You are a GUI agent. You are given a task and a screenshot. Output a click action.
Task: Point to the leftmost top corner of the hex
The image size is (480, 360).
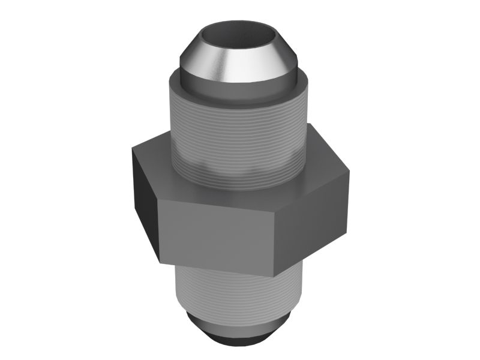(133, 148)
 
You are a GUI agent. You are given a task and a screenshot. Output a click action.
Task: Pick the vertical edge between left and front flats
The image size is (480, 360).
(158, 231)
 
